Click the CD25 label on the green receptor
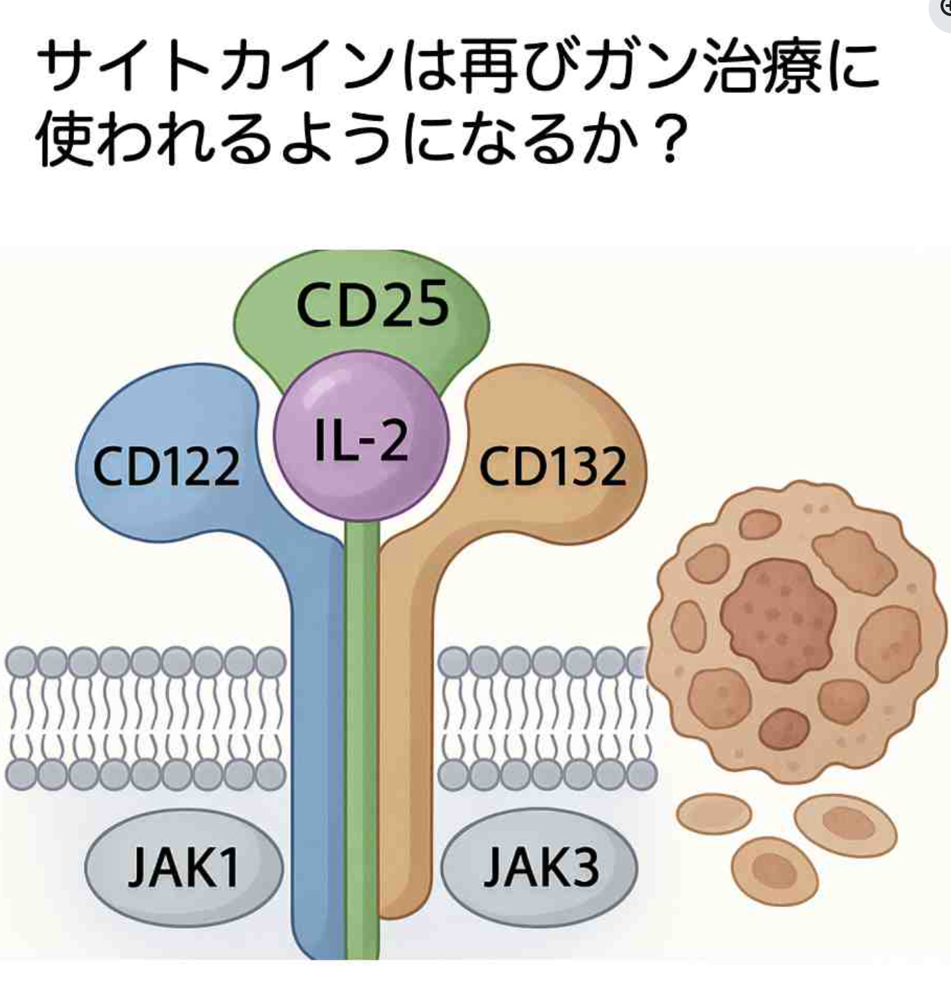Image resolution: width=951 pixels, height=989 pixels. pyautogui.click(x=372, y=305)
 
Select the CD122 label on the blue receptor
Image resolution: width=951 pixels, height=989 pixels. pyautogui.click(x=166, y=467)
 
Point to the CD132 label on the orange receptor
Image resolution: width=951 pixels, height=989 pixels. pyautogui.click(x=552, y=467)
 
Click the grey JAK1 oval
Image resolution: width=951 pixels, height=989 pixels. pyautogui.click(x=184, y=867)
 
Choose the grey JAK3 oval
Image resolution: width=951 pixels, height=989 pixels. pyautogui.click(x=540, y=867)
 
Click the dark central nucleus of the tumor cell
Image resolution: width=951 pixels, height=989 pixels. pyautogui.click(x=777, y=619)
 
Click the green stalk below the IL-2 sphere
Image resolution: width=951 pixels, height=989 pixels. pyautogui.click(x=362, y=629)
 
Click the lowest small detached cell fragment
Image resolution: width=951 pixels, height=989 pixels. pyautogui.click(x=774, y=870)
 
